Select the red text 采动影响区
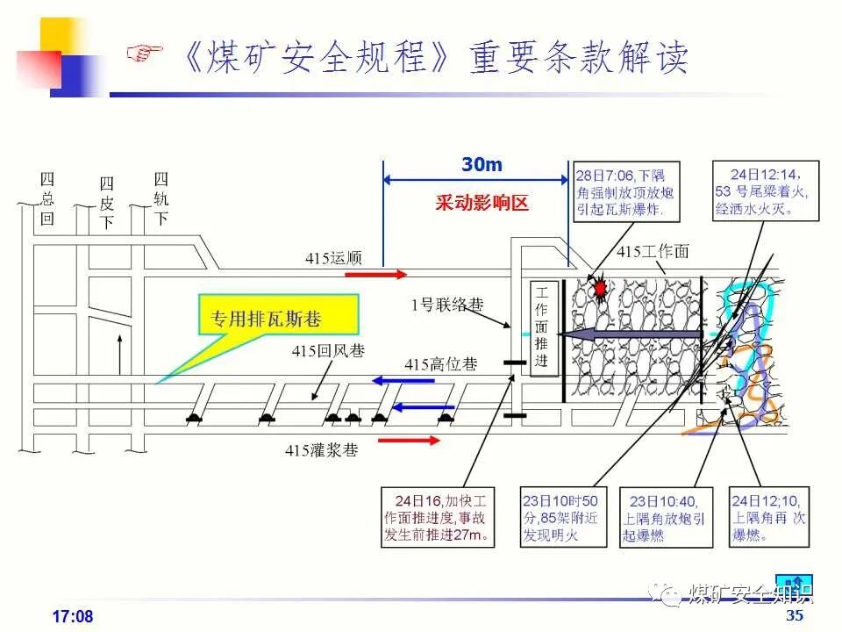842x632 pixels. pyautogui.click(x=482, y=204)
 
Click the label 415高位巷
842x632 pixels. pyautogui.click(x=441, y=364)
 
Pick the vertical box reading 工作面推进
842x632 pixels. pyautogui.click(x=542, y=327)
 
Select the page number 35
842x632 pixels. pyautogui.click(x=795, y=615)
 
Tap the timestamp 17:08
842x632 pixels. pyautogui.click(x=73, y=616)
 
